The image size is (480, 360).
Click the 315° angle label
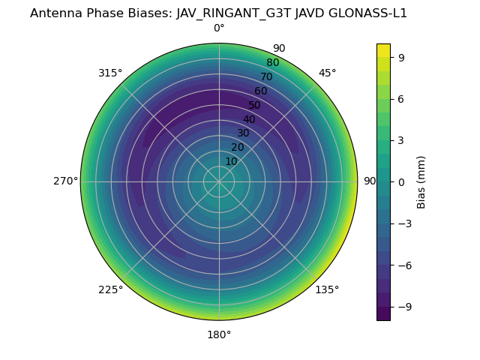(x=110, y=73)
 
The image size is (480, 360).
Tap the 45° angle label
(x=327, y=73)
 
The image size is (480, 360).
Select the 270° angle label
(x=65, y=181)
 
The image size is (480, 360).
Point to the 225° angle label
(x=110, y=290)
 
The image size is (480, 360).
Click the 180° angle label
(x=219, y=334)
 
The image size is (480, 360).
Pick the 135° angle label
(x=327, y=290)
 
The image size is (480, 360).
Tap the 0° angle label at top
(x=219, y=28)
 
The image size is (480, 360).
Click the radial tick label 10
(x=232, y=161)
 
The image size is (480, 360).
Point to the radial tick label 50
(x=255, y=106)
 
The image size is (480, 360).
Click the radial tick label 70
(x=266, y=77)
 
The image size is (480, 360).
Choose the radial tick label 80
(x=272, y=63)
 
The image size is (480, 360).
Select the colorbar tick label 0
(x=401, y=181)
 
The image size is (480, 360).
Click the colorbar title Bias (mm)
(x=421, y=181)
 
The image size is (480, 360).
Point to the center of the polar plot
(x=219, y=181)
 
